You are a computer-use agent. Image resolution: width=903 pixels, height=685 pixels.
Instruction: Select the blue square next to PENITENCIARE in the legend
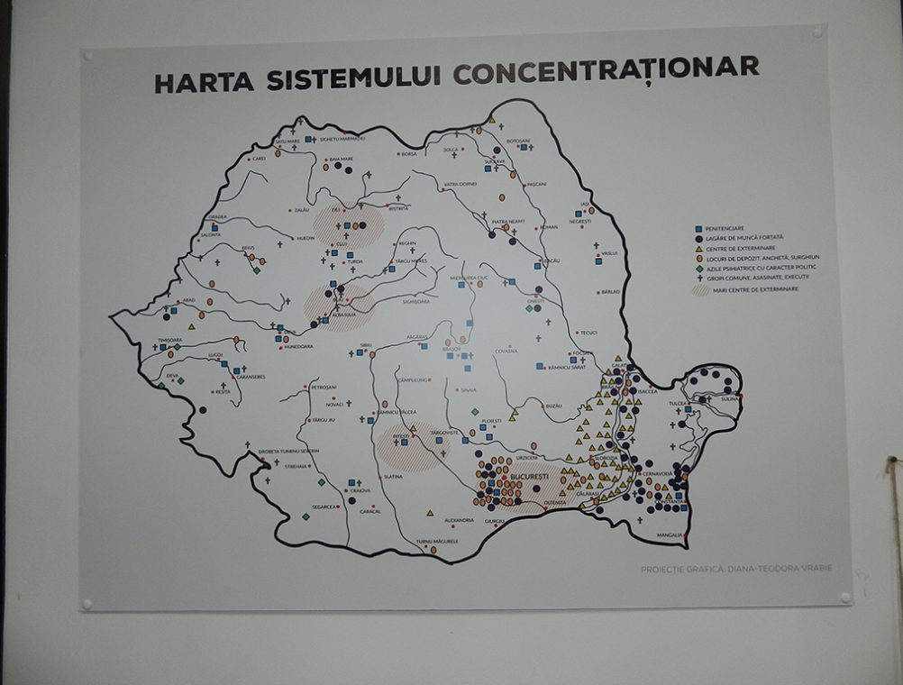[x=698, y=228]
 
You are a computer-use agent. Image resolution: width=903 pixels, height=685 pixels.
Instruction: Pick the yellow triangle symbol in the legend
[x=698, y=248]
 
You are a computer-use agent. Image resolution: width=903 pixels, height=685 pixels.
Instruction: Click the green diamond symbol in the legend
[x=698, y=267]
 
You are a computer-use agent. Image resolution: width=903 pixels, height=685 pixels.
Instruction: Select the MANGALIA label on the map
[x=670, y=534]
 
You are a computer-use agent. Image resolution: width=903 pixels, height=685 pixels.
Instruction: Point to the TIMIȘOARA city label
[x=170, y=341]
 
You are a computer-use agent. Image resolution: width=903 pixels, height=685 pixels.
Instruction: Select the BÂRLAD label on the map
[x=611, y=292]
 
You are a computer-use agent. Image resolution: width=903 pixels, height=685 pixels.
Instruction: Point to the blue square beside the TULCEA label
[x=688, y=409]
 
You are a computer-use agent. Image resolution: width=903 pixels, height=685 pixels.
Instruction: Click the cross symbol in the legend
[x=698, y=277]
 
